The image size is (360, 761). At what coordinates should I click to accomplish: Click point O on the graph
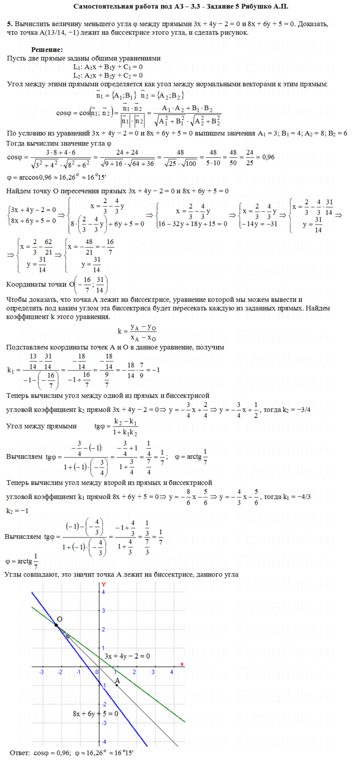click(x=56, y=624)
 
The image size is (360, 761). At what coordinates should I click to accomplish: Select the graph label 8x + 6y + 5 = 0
click(x=95, y=713)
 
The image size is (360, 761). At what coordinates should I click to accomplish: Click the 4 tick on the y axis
click(x=103, y=592)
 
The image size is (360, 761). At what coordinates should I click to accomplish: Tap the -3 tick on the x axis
click(x=42, y=672)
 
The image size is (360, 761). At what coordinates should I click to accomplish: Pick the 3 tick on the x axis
click(x=153, y=672)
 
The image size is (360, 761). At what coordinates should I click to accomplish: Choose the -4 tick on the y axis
click(x=103, y=742)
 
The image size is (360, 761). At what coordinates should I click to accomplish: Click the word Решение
click(x=47, y=50)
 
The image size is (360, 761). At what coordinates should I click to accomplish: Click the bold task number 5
click(x=10, y=24)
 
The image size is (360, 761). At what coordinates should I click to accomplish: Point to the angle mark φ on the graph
click(x=67, y=635)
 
